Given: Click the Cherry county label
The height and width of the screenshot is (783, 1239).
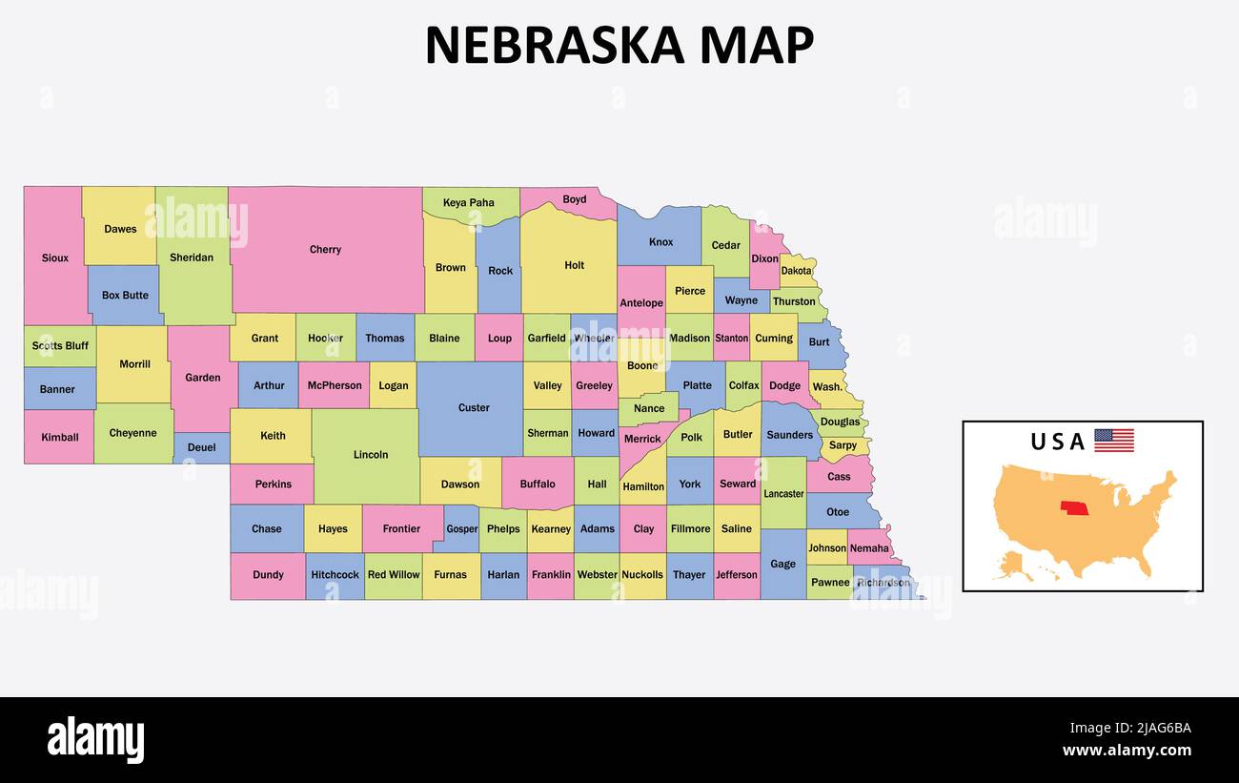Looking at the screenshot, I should pos(325,250).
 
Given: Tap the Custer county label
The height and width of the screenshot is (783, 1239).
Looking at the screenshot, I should pos(474,408).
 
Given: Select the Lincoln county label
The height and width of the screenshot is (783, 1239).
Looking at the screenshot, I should pos(371,455).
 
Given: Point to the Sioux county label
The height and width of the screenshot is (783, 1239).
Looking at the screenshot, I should pos(55,258).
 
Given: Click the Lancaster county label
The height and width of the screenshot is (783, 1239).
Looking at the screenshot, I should pos(783,494).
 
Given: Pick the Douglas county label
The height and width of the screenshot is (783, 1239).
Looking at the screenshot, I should pos(840,422).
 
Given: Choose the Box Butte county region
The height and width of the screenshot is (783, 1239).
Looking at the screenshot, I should pos(125,296).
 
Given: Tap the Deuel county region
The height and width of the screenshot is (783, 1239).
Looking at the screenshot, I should pos(201,448).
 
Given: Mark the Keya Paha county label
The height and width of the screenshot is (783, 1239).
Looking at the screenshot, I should pos(469,202).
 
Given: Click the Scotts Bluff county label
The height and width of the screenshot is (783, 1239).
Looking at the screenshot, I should pos(60,345).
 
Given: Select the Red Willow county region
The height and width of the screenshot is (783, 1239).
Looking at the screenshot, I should pos(394,575).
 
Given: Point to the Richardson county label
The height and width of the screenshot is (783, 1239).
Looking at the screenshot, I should pos(883,583).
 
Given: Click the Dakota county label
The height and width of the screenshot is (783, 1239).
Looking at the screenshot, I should pos(797,271).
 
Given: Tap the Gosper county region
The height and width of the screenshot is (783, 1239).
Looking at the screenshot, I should pos(462,529).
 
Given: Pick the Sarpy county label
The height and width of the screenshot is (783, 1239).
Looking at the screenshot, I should pos(843,445).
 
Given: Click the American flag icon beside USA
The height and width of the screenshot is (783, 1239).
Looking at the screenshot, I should pos(1113,441).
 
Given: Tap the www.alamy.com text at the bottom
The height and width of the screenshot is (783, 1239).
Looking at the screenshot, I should pos(1127,751).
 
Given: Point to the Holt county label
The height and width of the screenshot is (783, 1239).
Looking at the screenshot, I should pos(574,265).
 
